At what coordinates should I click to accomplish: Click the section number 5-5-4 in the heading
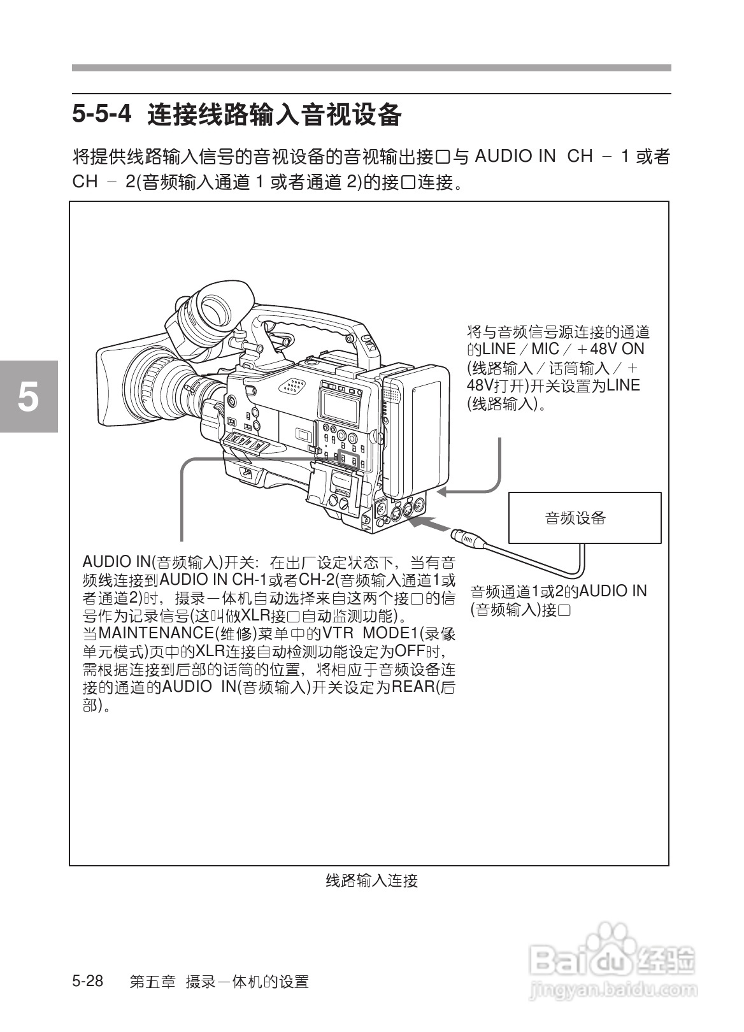point(102,115)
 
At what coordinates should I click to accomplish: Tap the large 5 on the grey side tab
point(28,397)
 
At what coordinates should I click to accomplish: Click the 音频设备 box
point(584,518)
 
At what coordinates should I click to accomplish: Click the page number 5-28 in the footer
point(88,981)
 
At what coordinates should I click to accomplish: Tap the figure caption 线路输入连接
point(371,881)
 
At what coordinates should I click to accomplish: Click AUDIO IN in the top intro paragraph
point(515,157)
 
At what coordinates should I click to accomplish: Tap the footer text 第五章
point(152,982)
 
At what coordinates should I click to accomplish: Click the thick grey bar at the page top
point(371,68)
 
